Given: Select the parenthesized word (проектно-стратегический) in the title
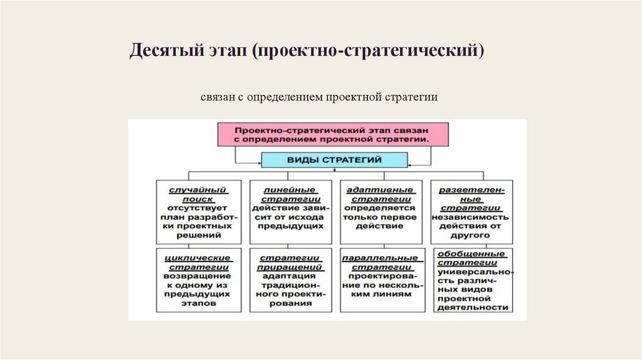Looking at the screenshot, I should click(x=368, y=50).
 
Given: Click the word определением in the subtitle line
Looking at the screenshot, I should click(x=285, y=97).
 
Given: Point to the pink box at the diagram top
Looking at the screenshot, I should click(x=333, y=134).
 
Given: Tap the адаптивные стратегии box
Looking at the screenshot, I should click(x=381, y=212).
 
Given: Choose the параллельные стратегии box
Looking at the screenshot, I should click(x=381, y=280).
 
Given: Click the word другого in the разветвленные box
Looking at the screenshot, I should click(x=470, y=235).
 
